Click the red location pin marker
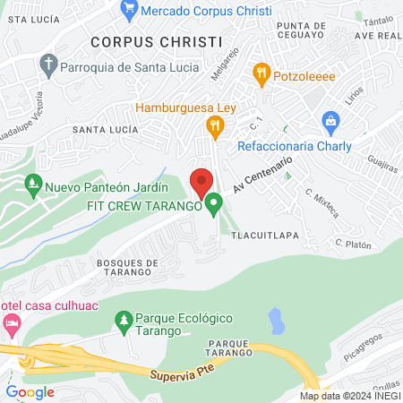[x=201, y=182]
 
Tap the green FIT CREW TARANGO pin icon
[x=213, y=205]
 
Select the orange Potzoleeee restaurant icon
[x=262, y=75]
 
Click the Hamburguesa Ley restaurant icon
[x=214, y=126]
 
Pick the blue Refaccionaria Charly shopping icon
[x=330, y=121]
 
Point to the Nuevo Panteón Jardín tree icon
[x=33, y=186]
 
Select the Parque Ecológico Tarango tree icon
[x=123, y=320]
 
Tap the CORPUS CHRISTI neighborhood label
[x=155, y=41]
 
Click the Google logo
[x=30, y=391]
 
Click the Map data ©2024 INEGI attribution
[x=349, y=396]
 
